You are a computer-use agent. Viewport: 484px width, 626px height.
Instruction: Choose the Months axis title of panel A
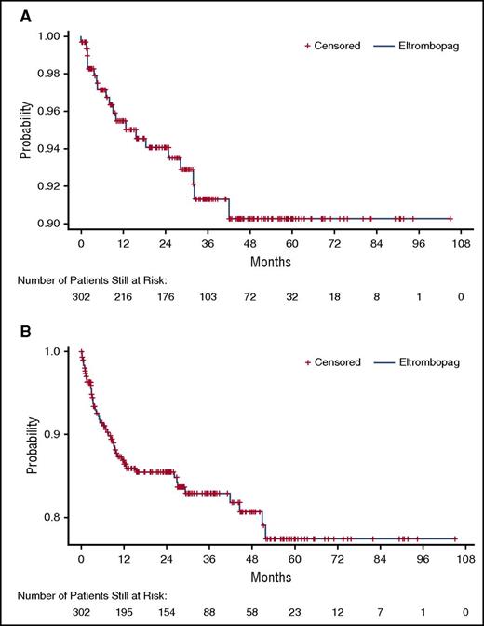click(270, 264)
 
